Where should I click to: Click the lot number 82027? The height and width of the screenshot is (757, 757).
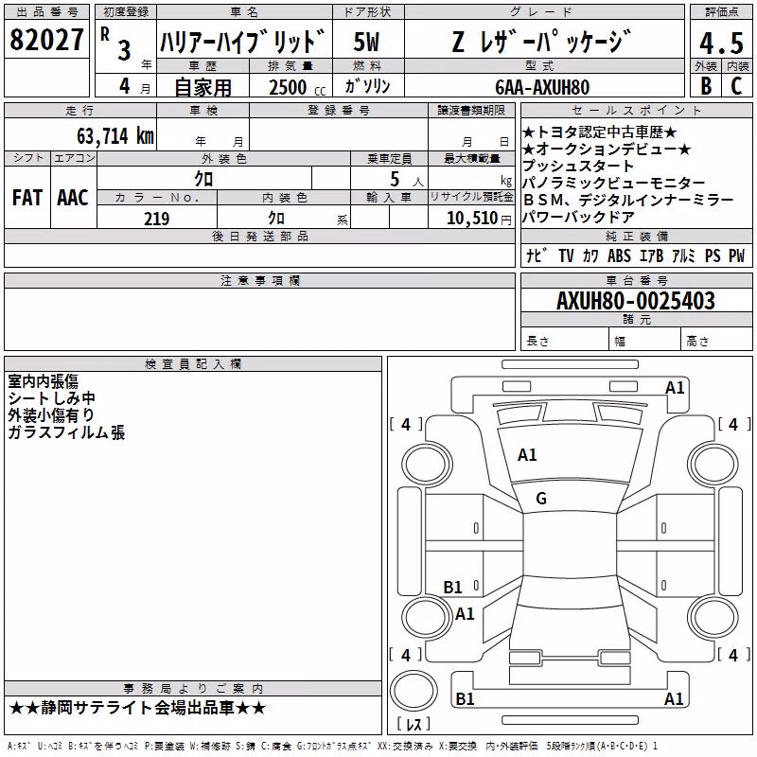(46, 40)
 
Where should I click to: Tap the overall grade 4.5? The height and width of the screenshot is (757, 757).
(721, 44)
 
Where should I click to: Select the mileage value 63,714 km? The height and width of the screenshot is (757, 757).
(115, 135)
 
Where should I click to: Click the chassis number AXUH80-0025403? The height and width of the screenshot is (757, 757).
(636, 301)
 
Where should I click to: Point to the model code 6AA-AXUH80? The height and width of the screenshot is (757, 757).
(542, 87)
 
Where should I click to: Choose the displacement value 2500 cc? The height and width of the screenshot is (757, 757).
(297, 87)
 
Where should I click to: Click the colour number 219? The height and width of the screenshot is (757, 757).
(157, 219)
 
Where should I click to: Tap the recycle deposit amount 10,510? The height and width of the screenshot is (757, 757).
(472, 219)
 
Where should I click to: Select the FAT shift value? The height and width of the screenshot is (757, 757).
(27, 198)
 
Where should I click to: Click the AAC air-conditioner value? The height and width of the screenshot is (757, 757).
(73, 198)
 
